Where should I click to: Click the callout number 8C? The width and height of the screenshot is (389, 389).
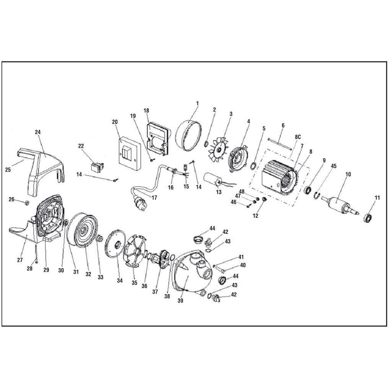tap(298, 137)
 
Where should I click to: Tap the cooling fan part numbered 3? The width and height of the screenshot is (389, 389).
tap(220, 149)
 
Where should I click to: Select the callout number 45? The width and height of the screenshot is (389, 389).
tap(334, 166)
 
